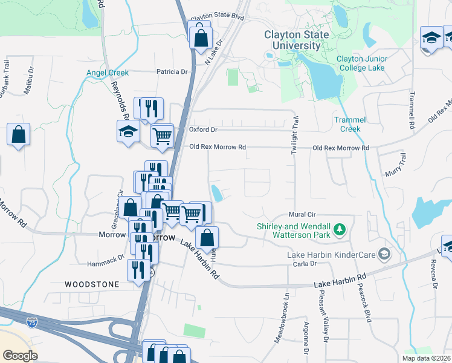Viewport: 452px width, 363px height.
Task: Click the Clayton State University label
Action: coord(296,40)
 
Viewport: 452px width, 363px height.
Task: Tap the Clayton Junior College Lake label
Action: coord(360,64)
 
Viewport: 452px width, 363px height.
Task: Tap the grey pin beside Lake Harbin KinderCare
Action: coord(382,253)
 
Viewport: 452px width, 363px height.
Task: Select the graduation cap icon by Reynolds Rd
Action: coord(128,132)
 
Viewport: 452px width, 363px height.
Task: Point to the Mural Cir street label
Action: coord(302,215)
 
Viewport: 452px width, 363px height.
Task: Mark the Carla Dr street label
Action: coord(305,264)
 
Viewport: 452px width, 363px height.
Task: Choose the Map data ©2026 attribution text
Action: coord(426,358)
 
